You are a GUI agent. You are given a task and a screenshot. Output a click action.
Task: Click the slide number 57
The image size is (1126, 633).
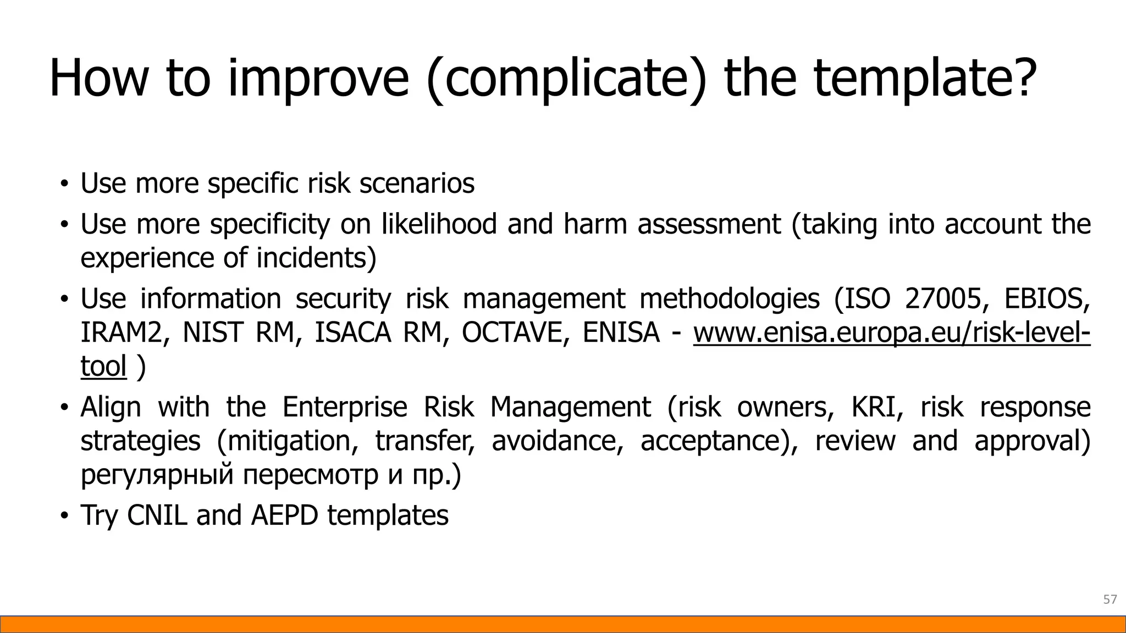pos(1110,599)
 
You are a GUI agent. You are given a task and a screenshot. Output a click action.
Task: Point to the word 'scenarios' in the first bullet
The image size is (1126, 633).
pos(417,183)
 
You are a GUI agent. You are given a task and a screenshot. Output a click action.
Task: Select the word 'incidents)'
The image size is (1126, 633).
pos(317,258)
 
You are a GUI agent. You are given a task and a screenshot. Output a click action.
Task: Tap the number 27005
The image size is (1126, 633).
pos(943,298)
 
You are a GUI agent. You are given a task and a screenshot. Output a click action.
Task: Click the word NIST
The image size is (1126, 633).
pos(212,332)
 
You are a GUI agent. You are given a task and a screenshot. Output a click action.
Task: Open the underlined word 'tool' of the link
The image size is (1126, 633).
pos(103,367)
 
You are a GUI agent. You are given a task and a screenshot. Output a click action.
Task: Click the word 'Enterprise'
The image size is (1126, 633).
pos(345,407)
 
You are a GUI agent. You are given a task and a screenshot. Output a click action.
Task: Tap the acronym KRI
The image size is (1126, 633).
pos(877,407)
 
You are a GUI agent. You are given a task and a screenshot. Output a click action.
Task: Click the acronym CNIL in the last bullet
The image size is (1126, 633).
pos(157,515)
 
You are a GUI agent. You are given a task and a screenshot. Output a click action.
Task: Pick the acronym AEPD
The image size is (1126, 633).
pos(285,515)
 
